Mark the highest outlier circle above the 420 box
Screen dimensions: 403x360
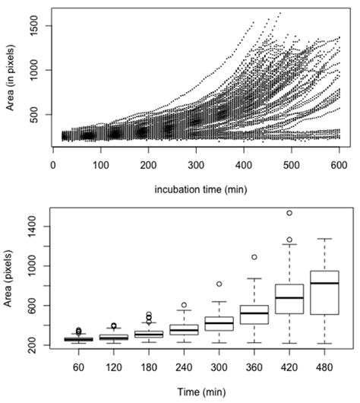click(x=289, y=213)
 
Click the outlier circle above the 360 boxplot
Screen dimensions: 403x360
click(x=254, y=257)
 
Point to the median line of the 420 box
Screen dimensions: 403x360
click(x=289, y=298)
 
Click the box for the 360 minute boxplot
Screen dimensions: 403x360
click(x=254, y=315)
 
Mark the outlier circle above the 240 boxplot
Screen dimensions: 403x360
click(x=184, y=305)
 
